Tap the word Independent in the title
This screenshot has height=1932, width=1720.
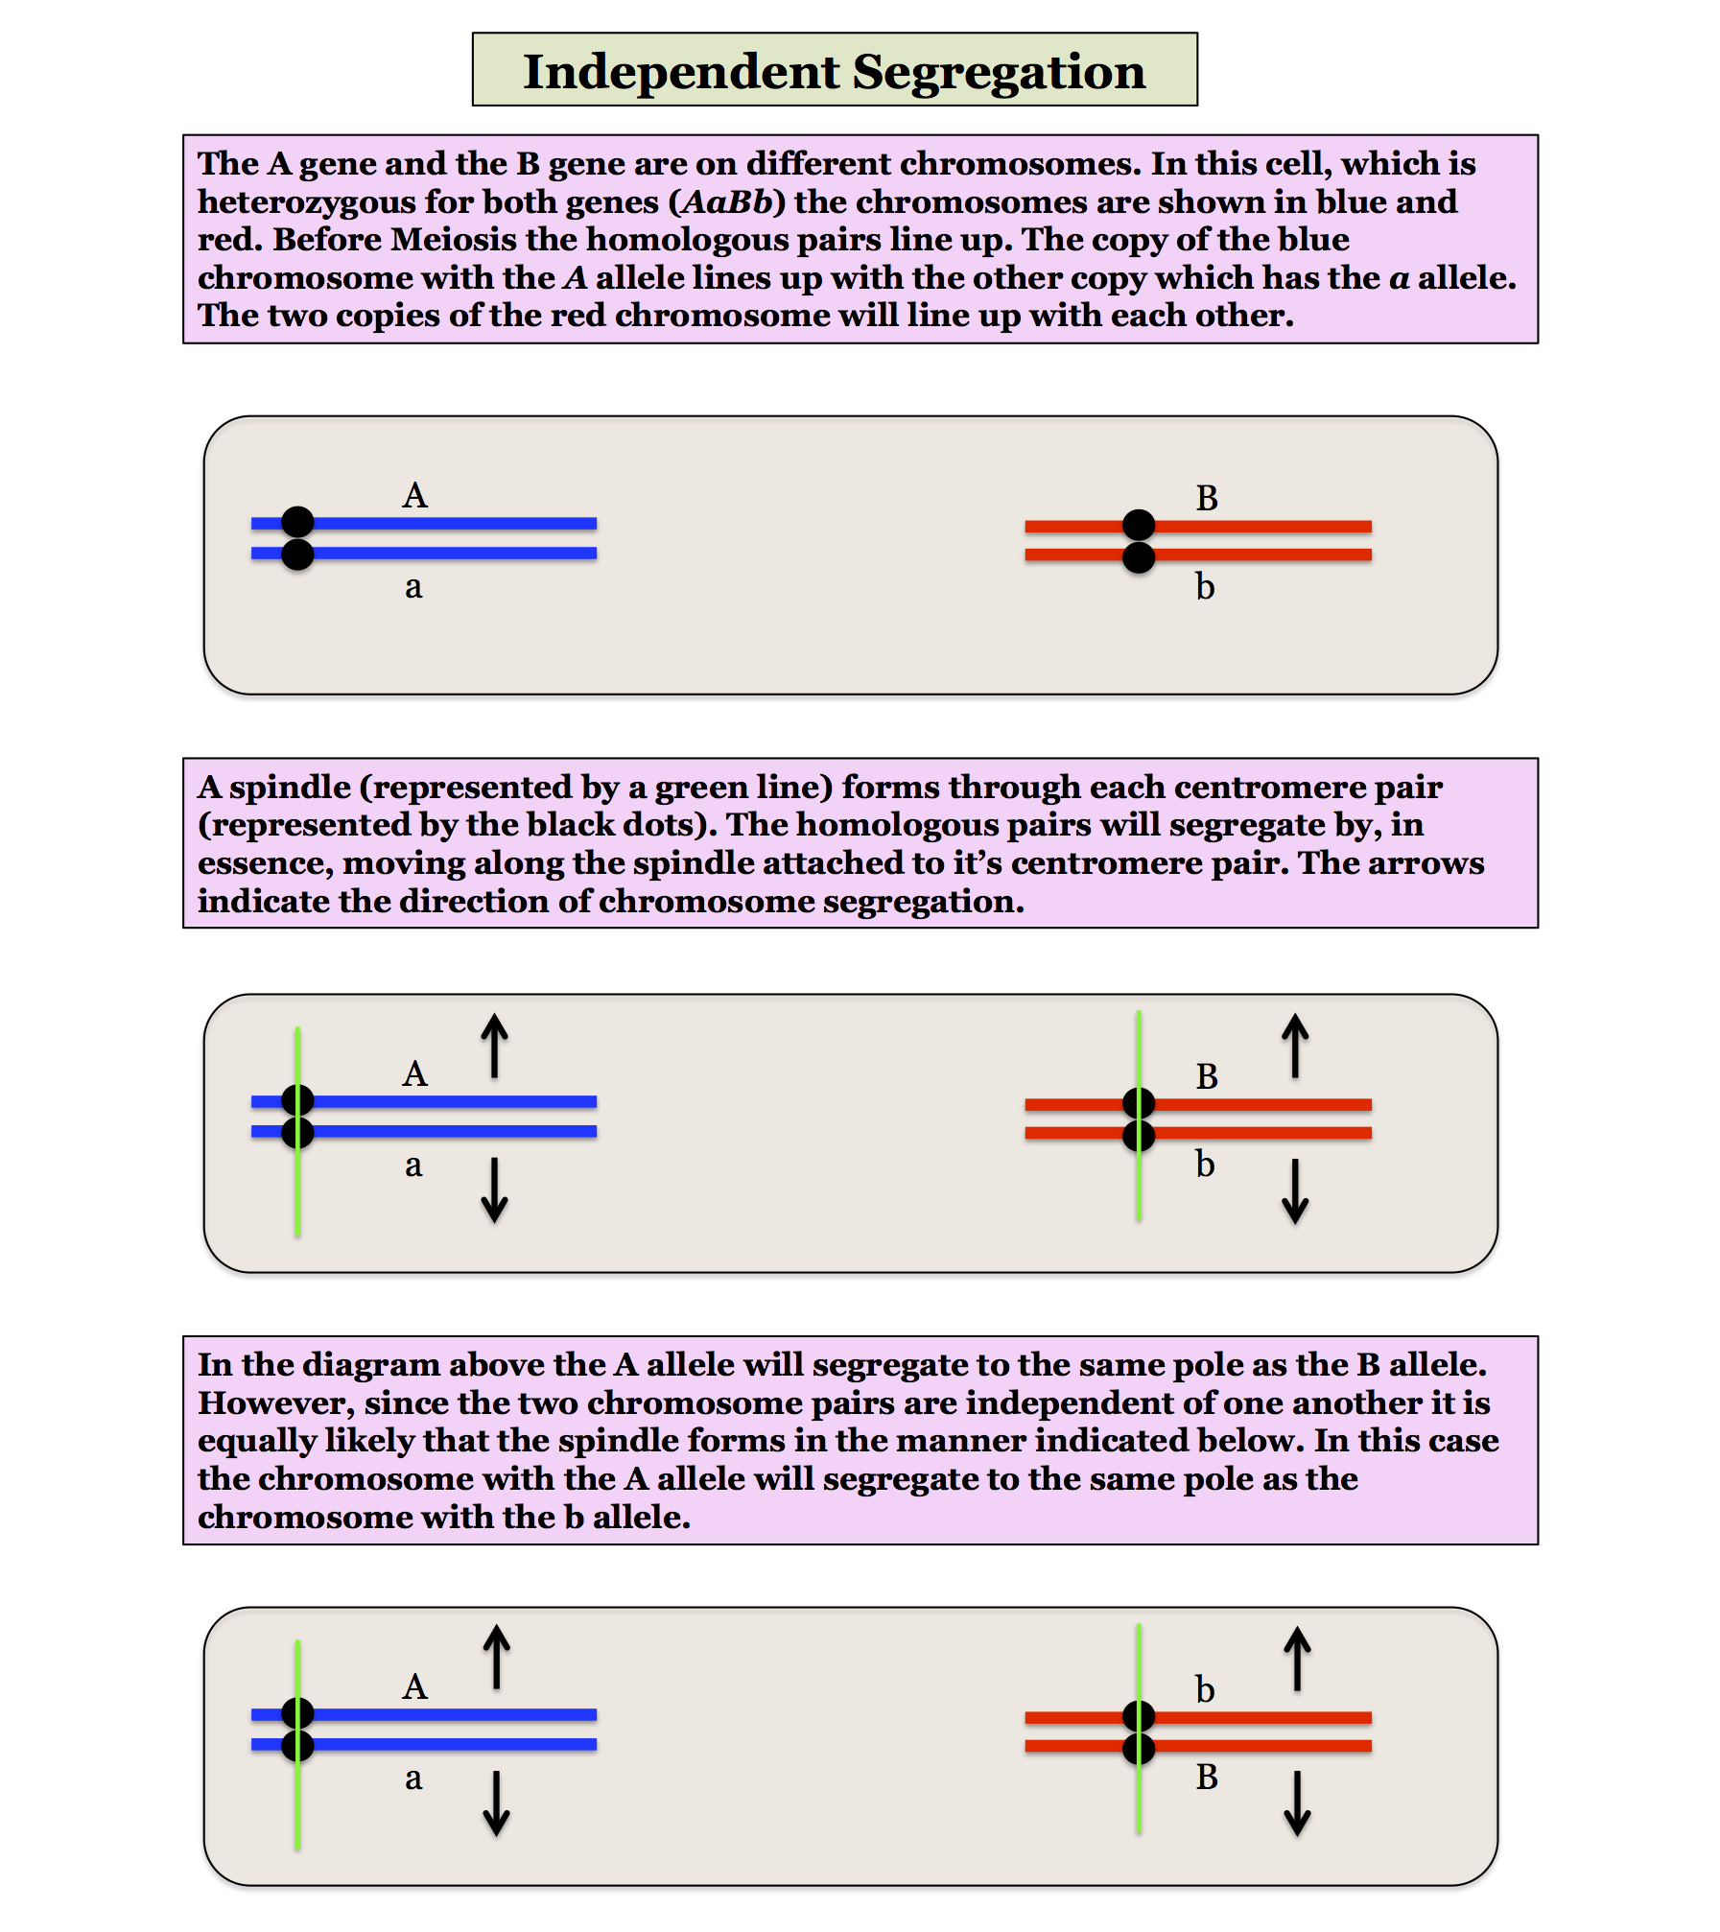(681, 73)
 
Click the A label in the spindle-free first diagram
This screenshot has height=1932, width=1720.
(414, 496)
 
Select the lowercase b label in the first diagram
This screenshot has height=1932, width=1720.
(1205, 586)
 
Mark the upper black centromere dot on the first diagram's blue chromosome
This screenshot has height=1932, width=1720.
(297, 522)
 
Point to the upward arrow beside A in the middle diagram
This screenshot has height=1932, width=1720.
(494, 1046)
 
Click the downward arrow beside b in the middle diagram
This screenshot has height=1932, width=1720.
(1295, 1191)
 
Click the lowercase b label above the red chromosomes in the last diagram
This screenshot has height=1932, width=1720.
(1205, 1689)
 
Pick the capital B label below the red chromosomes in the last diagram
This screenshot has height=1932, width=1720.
(1207, 1777)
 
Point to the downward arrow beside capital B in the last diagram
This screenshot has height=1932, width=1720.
(1297, 1803)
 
